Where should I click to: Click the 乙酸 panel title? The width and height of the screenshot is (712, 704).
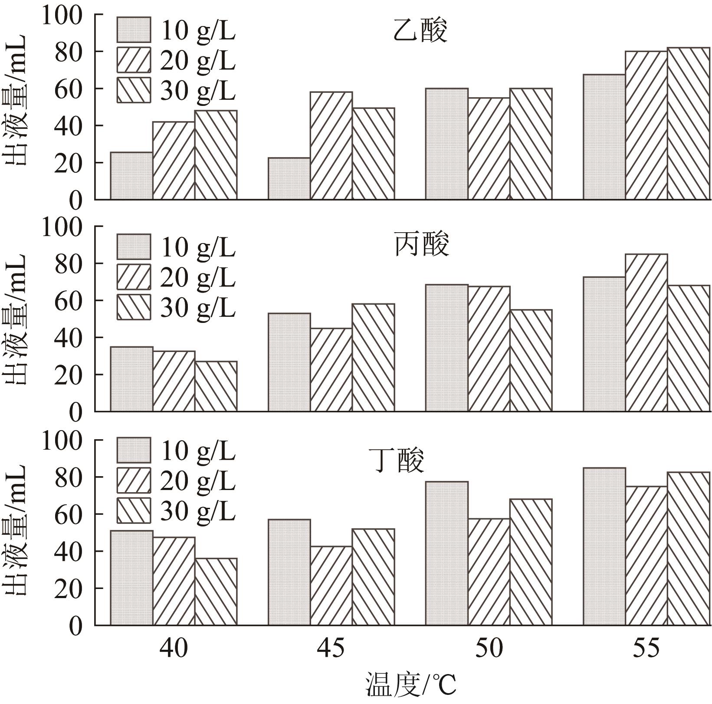(420, 31)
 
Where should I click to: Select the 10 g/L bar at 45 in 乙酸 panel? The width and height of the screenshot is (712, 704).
(289, 178)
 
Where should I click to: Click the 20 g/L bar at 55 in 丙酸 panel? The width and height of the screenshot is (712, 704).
(646, 332)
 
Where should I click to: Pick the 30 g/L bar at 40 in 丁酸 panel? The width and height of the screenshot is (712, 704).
(216, 592)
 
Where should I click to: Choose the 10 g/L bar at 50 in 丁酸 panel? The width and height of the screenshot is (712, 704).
(446, 553)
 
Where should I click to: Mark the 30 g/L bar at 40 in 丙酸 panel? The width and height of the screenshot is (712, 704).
(216, 386)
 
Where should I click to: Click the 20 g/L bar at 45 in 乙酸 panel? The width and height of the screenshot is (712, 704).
(331, 146)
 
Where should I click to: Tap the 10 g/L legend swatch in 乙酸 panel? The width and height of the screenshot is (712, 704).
(134, 30)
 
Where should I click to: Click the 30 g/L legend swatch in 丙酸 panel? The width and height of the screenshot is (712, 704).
(134, 307)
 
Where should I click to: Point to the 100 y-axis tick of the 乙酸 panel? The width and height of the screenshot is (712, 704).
(62, 15)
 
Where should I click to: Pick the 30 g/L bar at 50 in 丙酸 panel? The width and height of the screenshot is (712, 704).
(531, 361)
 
